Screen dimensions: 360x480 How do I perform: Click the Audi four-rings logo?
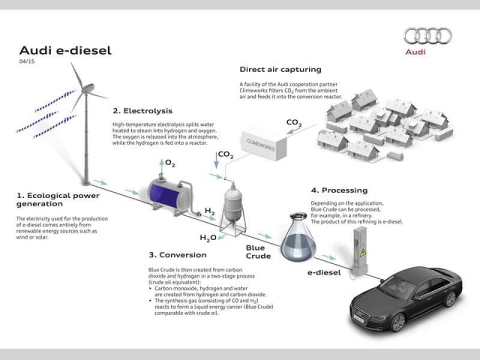pos(427,36)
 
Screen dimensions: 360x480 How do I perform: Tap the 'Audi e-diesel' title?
pos(65,50)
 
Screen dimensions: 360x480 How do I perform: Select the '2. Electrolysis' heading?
pos(143,111)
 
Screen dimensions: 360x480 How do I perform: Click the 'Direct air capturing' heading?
pos(280,70)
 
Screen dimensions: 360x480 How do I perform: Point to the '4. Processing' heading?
pos(338,190)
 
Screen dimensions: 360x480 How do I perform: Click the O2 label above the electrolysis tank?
pos(170,163)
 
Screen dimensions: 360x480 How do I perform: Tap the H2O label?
pos(208,238)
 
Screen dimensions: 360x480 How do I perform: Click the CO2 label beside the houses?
pos(294,123)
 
